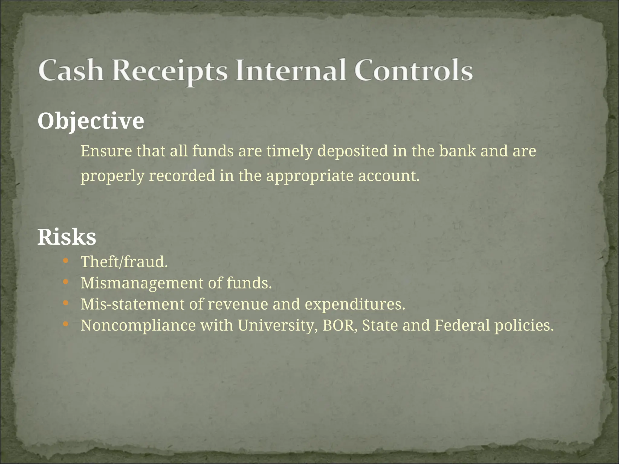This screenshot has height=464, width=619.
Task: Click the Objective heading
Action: point(91,121)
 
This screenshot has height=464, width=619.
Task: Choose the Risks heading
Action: point(67,237)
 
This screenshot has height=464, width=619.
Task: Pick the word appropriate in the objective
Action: point(309,176)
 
